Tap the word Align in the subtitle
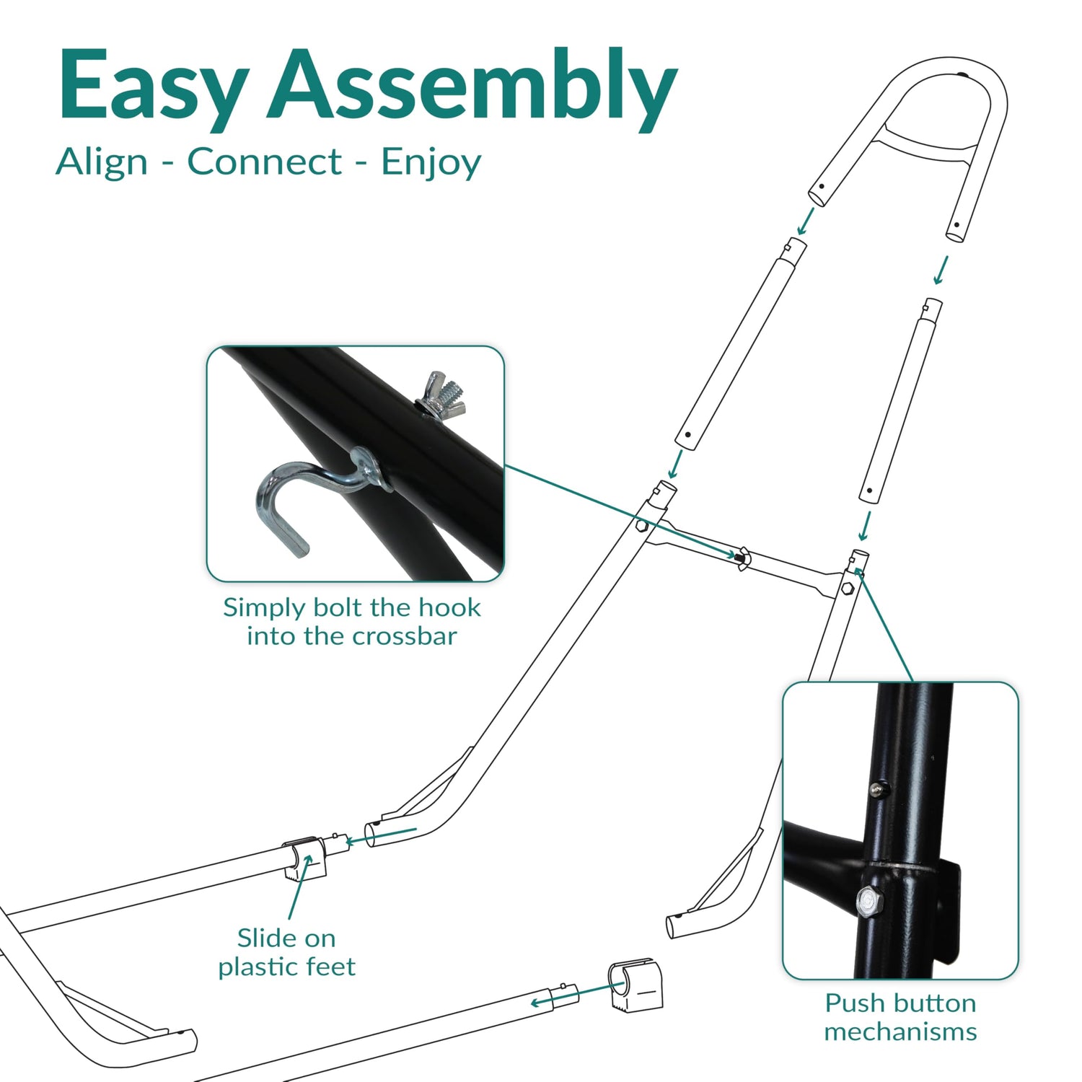click(102, 162)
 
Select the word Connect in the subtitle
click(264, 162)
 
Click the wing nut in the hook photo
click(442, 394)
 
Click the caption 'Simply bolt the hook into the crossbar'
click(351, 621)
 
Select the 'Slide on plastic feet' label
click(287, 952)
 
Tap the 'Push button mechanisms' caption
click(900, 1017)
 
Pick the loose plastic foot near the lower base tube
click(635, 984)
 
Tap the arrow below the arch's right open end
click(940, 270)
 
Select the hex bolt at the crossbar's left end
click(641, 527)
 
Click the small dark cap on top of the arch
click(965, 76)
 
